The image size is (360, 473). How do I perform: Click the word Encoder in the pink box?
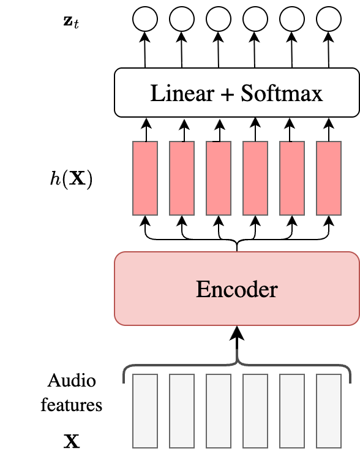236,289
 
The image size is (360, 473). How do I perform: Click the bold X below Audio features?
71,441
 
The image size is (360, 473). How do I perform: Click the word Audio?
72,381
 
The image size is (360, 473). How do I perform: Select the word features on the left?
71,405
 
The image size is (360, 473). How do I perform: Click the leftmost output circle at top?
145,20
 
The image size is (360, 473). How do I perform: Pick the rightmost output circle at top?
329,20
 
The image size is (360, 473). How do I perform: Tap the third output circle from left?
219,20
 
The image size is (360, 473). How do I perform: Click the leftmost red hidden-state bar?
145,178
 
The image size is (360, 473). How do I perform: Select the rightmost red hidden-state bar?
329,178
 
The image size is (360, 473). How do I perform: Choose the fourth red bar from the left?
255,178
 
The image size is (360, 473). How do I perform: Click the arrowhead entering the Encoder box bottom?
237,333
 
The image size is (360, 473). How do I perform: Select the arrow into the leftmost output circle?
145,49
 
